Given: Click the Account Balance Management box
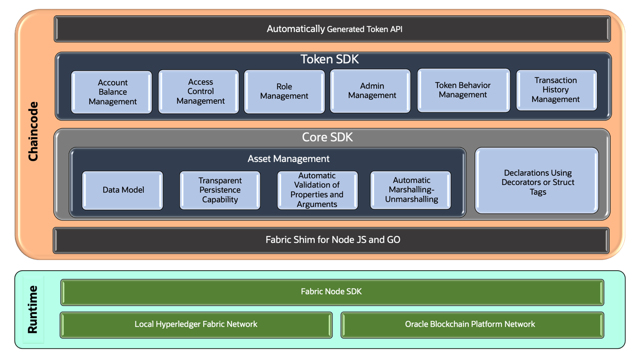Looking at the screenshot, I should (x=112, y=92).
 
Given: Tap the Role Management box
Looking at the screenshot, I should (x=284, y=92).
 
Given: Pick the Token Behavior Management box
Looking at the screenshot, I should (x=463, y=90).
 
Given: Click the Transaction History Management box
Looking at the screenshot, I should (x=556, y=90).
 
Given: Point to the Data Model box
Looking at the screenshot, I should (x=123, y=190).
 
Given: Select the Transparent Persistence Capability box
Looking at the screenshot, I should (x=220, y=190).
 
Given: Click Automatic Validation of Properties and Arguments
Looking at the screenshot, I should (x=318, y=190).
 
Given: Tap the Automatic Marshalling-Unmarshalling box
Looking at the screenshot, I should (x=411, y=190).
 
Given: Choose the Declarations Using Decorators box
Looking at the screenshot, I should (x=537, y=181).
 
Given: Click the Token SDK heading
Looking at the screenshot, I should (x=329, y=60).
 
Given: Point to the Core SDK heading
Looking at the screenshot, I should (x=327, y=138).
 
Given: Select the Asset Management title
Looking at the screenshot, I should (x=288, y=159).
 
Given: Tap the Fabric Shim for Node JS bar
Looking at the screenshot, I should (x=332, y=240).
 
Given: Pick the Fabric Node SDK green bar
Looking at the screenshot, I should (x=332, y=292).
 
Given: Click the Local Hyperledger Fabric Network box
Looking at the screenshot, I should (x=196, y=325).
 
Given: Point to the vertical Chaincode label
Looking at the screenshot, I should (x=33, y=131).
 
